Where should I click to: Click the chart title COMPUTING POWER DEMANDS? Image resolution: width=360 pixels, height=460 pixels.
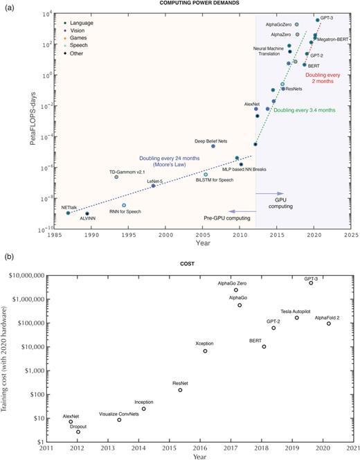point(202,6)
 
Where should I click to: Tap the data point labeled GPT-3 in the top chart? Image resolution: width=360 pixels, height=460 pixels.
point(318,20)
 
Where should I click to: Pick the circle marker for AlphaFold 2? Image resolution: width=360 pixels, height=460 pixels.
point(329,324)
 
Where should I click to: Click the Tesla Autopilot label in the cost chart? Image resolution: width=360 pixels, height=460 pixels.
point(299,311)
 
